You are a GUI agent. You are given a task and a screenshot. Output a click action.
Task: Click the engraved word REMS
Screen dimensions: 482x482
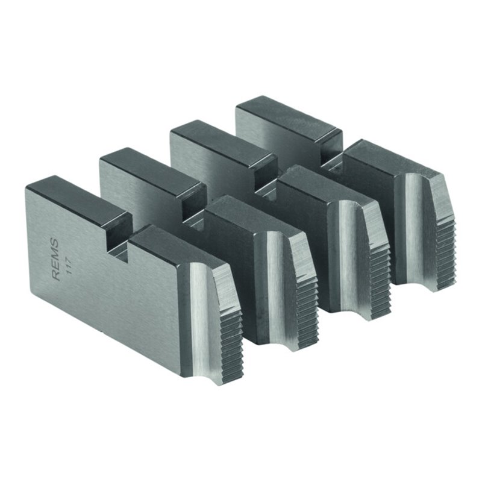click(x=55, y=258)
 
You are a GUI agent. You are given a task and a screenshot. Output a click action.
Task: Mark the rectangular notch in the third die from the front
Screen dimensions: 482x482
click(x=266, y=181)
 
